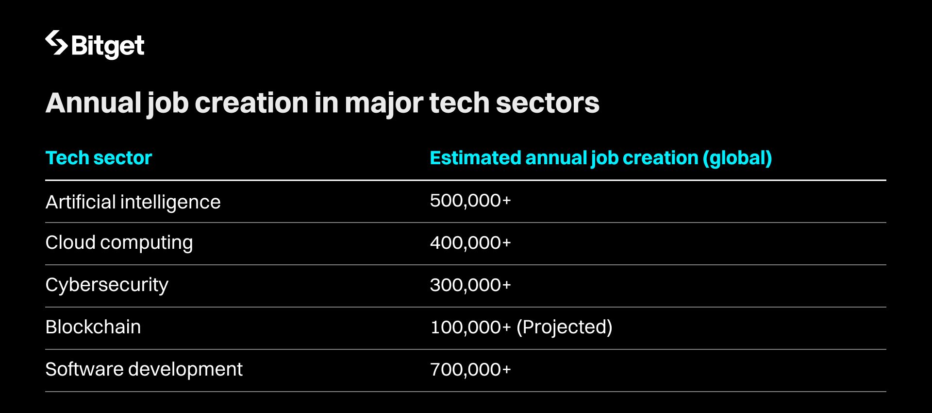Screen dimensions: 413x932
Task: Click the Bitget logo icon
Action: [56, 43]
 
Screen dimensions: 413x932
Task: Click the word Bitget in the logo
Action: [108, 46]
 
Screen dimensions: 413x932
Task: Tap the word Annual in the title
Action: [93, 103]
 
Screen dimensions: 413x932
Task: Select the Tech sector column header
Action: [99, 158]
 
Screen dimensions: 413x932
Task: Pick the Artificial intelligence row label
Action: [133, 202]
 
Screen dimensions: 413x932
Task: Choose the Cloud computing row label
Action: [119, 242]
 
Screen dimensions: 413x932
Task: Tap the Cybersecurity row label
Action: [107, 285]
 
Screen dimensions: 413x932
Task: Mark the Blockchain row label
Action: [93, 327]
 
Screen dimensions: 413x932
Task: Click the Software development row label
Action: [144, 369]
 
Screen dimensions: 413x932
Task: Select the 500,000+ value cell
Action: [470, 201]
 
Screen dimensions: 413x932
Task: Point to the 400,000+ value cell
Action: [470, 242]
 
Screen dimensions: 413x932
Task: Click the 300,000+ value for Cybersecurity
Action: [470, 285]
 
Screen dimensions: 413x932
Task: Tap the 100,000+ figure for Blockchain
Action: [470, 327]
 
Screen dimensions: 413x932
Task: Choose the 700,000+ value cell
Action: [470, 369]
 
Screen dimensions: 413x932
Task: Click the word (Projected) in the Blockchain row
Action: [564, 327]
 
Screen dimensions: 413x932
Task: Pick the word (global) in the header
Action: [737, 158]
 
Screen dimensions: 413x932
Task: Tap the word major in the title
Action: [384, 103]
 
